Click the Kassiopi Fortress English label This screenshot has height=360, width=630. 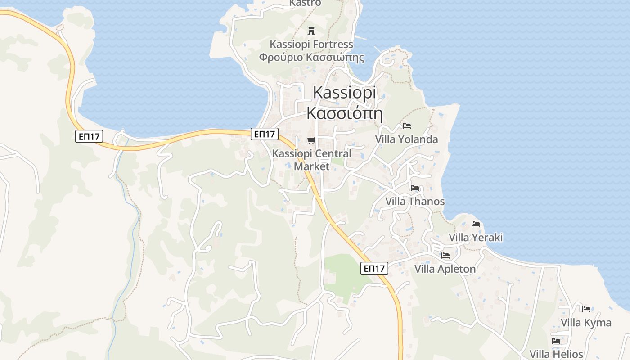point(311,45)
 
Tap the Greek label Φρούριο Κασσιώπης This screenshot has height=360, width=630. point(311,58)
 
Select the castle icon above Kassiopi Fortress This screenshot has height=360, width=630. point(311,31)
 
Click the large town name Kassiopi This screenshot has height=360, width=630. point(344,92)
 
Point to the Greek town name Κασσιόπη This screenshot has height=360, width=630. point(344,113)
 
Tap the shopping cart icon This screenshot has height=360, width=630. point(311,141)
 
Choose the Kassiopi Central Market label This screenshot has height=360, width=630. point(311,160)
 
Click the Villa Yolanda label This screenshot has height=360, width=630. point(407,139)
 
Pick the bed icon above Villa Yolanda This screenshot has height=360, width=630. point(407,126)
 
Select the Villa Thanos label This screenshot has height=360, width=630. point(415,202)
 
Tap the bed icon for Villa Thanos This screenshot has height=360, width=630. point(415,188)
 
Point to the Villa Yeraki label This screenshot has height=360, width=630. point(476,238)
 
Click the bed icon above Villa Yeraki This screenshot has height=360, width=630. point(476,224)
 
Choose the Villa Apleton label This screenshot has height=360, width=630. point(445,269)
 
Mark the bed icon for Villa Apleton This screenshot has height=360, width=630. point(445,256)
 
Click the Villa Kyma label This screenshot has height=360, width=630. point(586,323)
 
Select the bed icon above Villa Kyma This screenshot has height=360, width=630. point(586,309)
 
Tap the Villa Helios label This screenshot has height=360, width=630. point(556,354)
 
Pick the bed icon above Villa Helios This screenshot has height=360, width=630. point(556,341)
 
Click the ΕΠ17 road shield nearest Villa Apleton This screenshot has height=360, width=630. point(374,269)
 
